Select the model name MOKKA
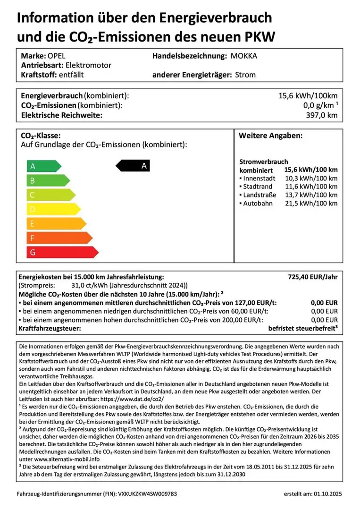tap(244, 56)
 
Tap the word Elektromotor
tap(88, 65)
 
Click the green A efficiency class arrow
tap(42, 166)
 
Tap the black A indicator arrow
tap(134, 166)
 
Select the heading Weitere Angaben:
tap(270, 136)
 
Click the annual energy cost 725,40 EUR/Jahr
tap(313, 277)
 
